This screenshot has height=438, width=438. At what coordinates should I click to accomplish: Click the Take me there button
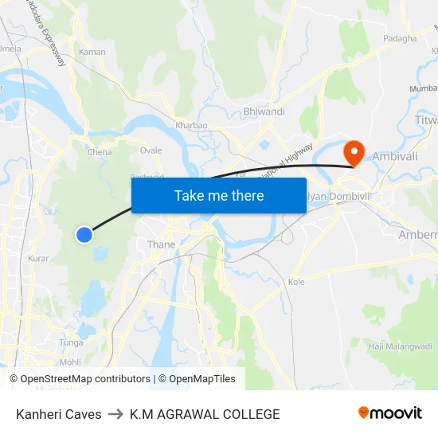click(x=219, y=195)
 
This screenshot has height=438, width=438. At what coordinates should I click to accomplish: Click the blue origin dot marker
click(x=84, y=234)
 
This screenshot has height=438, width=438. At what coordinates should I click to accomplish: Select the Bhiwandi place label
click(x=264, y=111)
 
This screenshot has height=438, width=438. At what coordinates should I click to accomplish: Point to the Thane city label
click(x=161, y=244)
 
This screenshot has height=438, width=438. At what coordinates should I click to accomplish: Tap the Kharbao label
click(x=191, y=125)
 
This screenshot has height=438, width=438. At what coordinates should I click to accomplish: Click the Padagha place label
click(x=400, y=38)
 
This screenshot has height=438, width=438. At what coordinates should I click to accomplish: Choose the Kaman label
click(x=92, y=52)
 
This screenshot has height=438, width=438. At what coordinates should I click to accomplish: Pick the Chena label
click(x=100, y=151)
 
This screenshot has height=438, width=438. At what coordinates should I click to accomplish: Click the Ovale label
click(x=151, y=150)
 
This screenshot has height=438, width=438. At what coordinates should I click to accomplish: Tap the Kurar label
click(x=38, y=258)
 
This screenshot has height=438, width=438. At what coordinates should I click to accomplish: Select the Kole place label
click(x=296, y=282)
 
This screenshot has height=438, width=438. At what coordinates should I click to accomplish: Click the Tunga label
click(x=71, y=342)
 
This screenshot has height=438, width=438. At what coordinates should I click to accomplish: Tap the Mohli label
click(x=70, y=362)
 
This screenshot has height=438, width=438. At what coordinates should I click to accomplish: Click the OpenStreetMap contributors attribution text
click(x=85, y=379)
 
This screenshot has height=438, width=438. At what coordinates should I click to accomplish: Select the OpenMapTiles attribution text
click(x=200, y=379)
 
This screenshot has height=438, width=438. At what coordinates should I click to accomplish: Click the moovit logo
click(x=390, y=413)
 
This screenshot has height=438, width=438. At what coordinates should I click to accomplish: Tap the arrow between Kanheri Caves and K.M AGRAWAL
click(x=115, y=414)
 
